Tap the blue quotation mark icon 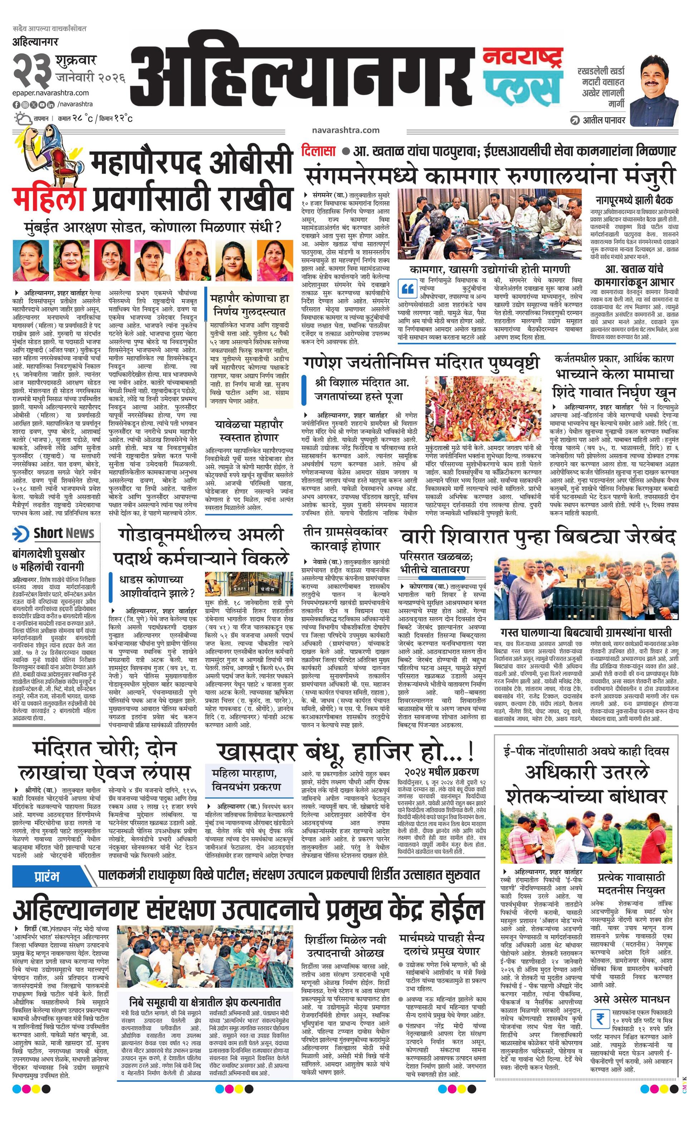(x=407, y=288)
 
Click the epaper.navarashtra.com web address (x=51, y=93)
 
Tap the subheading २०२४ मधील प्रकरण (x=441, y=771)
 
